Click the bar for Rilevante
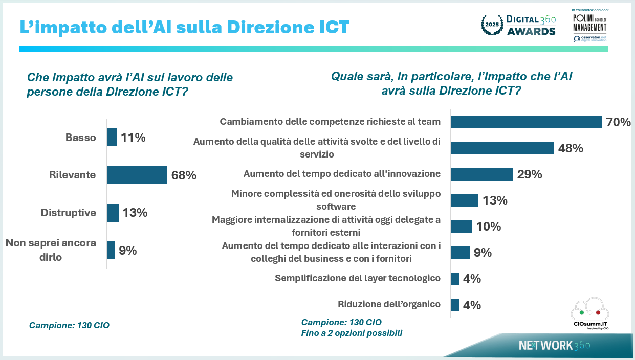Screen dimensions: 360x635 (x=137, y=175)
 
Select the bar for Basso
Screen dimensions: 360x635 (x=112, y=138)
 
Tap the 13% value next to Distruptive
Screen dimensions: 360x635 (x=135, y=213)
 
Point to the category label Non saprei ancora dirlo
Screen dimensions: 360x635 (x=51, y=250)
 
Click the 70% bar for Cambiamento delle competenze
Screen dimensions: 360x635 (x=525, y=122)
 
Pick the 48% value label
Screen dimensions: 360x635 (x=571, y=148)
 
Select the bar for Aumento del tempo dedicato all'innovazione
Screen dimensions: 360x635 (x=481, y=174)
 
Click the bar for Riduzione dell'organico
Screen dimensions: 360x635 (x=454, y=305)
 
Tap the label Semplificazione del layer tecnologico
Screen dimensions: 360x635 (x=357, y=278)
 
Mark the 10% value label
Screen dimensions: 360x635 (x=489, y=227)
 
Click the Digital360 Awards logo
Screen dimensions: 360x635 (x=518, y=25)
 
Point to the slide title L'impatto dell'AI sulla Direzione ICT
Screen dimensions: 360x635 (x=184, y=27)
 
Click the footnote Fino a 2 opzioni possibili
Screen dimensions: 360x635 (x=352, y=333)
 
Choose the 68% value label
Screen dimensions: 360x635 (x=184, y=175)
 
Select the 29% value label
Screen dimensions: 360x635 (x=530, y=174)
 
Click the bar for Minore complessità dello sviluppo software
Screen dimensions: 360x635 (x=464, y=200)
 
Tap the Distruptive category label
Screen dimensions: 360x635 (x=69, y=213)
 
